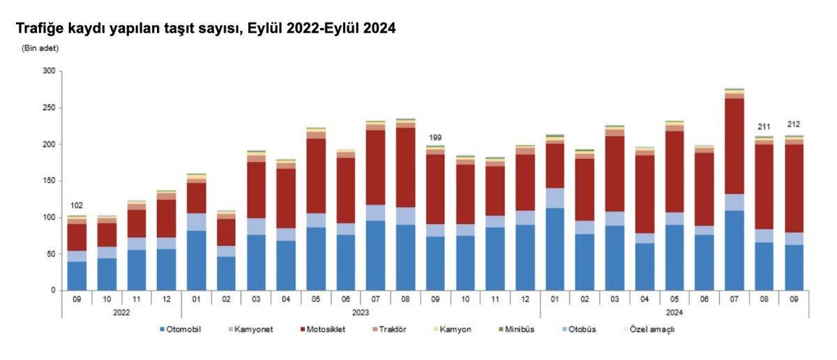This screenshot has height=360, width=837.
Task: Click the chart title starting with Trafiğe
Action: [x=206, y=29]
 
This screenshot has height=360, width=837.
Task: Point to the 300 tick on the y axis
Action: [x=48, y=71]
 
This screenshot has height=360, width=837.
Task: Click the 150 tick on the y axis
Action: [x=48, y=181]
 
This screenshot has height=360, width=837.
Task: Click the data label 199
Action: [x=436, y=137]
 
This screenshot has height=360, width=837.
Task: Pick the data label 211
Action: [x=764, y=127]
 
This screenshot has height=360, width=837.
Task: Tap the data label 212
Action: [x=794, y=125]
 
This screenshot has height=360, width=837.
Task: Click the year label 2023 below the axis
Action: [x=361, y=313]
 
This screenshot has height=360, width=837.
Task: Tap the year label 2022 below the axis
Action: [x=122, y=313]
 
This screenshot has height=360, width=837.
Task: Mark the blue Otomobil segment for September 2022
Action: [x=77, y=276]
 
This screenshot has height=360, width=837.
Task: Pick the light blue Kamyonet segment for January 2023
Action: [x=196, y=222]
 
